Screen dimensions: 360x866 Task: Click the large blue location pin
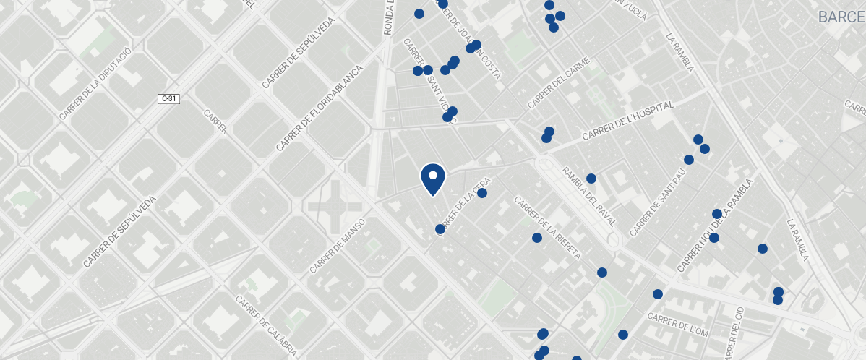tap(432, 178)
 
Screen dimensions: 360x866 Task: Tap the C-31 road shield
tap(168, 98)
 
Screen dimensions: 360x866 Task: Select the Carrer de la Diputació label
tap(95, 82)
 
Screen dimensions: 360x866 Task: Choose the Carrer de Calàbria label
tap(266, 326)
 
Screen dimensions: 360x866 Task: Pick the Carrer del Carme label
tap(559, 85)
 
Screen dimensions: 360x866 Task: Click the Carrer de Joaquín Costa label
tap(470, 43)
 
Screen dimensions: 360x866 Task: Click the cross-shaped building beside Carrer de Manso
tap(335, 207)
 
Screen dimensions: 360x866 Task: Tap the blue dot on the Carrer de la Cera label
tap(482, 193)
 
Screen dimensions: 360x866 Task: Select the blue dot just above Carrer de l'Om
tap(658, 294)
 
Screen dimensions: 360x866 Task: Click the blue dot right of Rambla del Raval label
tap(591, 179)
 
